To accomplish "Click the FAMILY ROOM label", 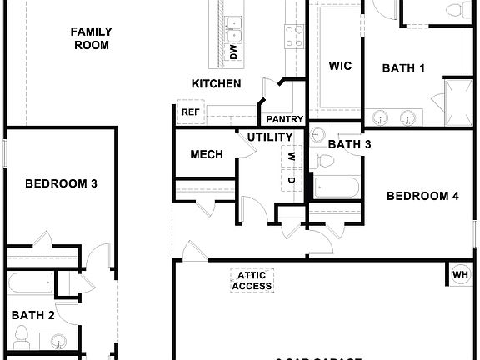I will coord(92,38).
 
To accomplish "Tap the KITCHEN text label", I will coord(217,83).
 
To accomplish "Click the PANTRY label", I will coord(285,119).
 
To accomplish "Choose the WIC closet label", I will coord(340,66).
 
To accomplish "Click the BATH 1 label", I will coord(404,68).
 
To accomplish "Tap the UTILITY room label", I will coord(270,137).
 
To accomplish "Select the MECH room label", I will coord(206,154).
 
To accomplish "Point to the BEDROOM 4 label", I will coord(423,197).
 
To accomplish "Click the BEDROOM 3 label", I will coord(61,183).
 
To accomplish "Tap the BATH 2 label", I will coord(33,315).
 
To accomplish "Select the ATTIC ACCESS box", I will coord(252,281).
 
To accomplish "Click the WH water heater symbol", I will coord(460,275).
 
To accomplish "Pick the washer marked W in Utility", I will coord(292,156).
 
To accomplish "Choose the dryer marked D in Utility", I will coord(292,179).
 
